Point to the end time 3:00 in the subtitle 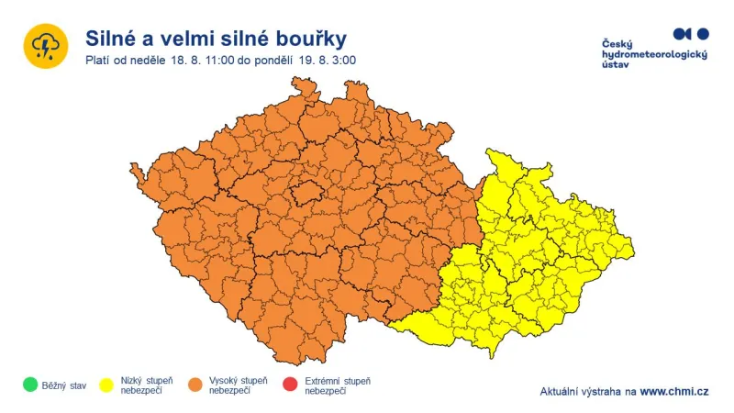[342, 61]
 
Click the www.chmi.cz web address [673, 392]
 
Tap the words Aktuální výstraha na [588, 392]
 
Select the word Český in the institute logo [617, 44]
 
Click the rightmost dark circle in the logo [703, 34]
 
